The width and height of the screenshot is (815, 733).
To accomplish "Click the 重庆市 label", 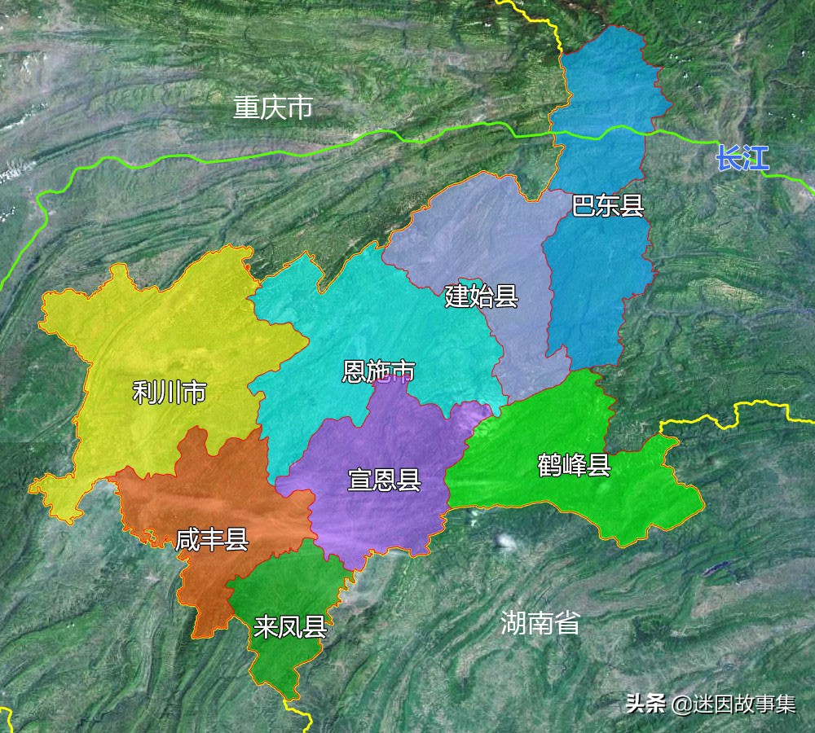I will tap(272, 108).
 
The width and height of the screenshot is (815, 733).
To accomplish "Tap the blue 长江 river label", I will tap(742, 158).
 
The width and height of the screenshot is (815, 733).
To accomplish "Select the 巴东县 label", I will tap(608, 206).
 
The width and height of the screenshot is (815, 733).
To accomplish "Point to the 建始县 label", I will tap(482, 296).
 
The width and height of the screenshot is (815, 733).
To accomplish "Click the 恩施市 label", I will tap(378, 373).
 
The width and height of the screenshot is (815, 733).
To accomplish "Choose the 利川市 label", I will tap(170, 393).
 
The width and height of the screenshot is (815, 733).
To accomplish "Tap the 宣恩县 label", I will tap(384, 480).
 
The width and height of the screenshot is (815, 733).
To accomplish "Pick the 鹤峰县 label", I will tap(574, 466).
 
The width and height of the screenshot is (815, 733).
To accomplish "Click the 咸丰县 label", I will tap(212, 539).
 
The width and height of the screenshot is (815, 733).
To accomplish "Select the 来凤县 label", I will tap(290, 628).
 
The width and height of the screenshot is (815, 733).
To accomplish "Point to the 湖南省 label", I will tap(540, 624).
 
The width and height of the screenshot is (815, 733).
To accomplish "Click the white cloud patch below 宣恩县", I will tap(507, 540).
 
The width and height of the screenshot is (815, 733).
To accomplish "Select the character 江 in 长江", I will tap(756, 158).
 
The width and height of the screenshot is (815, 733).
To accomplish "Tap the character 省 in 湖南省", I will tap(567, 624).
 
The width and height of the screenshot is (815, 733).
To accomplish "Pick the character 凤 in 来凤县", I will tap(290, 628).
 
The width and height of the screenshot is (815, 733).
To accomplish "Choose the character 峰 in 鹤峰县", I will tap(574, 466).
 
